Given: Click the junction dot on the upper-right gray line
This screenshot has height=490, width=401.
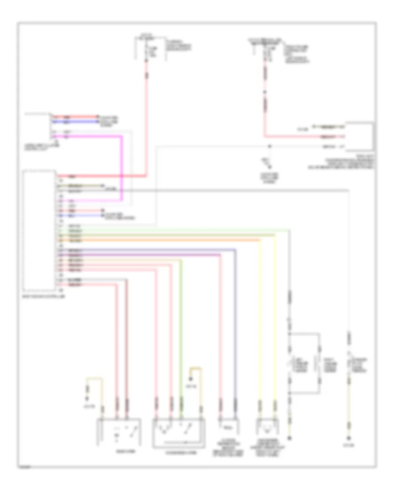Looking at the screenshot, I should click(269, 146).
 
